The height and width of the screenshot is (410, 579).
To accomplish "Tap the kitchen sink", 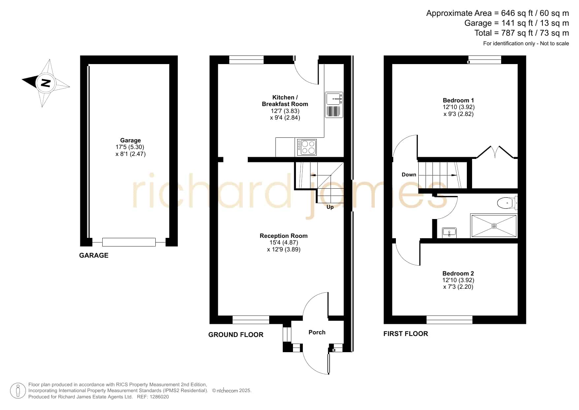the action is [x=334, y=105].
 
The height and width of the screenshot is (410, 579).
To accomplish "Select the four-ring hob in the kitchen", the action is [x=307, y=147].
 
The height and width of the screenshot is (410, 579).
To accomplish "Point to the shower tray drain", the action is [x=494, y=226].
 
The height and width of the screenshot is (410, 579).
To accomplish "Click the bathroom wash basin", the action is [x=449, y=233].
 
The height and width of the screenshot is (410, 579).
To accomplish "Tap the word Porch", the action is [x=317, y=332].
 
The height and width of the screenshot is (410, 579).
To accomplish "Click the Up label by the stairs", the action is [x=330, y=207].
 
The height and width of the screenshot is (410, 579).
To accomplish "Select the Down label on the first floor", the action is [x=409, y=174].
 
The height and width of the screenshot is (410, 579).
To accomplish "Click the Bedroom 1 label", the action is [x=458, y=100].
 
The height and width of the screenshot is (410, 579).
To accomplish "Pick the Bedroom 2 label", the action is [x=458, y=273].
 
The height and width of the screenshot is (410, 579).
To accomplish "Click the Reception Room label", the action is [x=283, y=236].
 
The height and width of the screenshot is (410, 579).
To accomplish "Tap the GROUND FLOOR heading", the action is [x=236, y=335].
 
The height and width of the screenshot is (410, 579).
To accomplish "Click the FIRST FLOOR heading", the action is [x=405, y=334].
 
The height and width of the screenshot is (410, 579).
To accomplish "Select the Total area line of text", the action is [x=522, y=33].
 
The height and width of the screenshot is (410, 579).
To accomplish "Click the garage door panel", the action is [x=129, y=242].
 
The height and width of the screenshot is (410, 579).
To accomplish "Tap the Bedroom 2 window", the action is [x=449, y=319].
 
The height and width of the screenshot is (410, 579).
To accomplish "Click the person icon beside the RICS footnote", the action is [x=18, y=391].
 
